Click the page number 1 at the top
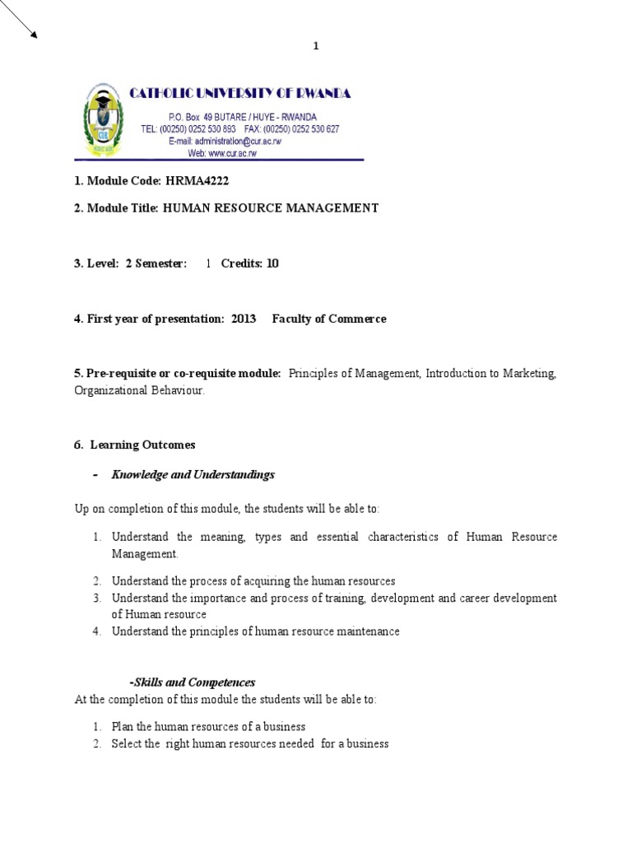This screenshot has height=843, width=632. [x=315, y=47]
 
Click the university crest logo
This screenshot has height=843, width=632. [x=101, y=119]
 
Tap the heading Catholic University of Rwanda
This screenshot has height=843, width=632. [x=240, y=94]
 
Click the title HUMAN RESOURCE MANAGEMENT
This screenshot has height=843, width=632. [x=271, y=208]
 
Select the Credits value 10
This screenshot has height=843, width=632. [x=272, y=263]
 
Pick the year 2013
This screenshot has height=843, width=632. [x=244, y=319]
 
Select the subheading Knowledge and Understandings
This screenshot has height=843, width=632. [x=193, y=475]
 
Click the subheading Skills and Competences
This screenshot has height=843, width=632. [x=193, y=682]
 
